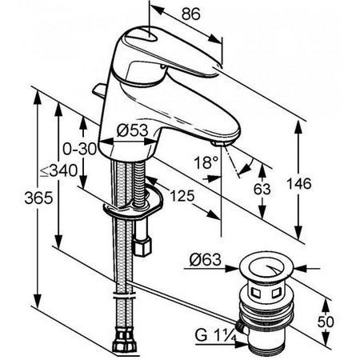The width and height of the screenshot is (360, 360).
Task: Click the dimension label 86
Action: pyautogui.click(x=190, y=14)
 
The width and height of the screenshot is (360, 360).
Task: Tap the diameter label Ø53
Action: pyautogui.click(x=132, y=130)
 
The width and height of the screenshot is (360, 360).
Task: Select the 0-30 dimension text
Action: pyautogui.click(x=79, y=149)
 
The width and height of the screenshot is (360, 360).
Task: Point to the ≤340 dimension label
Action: pyautogui.click(x=59, y=170)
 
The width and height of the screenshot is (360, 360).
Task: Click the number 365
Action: pyautogui.click(x=38, y=198)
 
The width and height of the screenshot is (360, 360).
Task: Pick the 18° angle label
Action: pyautogui.click(x=206, y=162)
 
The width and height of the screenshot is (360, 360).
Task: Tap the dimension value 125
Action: pyautogui.click(x=182, y=196)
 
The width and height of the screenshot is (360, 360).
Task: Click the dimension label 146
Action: pyautogui.click(x=298, y=184)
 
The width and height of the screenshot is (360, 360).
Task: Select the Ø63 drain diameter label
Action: pyautogui.click(x=206, y=260)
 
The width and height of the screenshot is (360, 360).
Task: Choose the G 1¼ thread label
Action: pyautogui.click(x=215, y=335)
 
